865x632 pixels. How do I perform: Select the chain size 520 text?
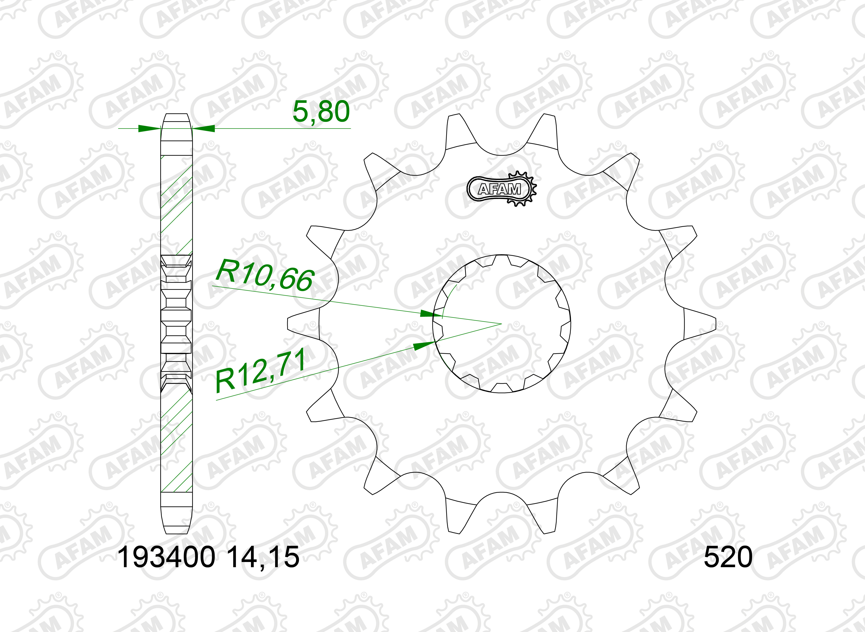point(728,557)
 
